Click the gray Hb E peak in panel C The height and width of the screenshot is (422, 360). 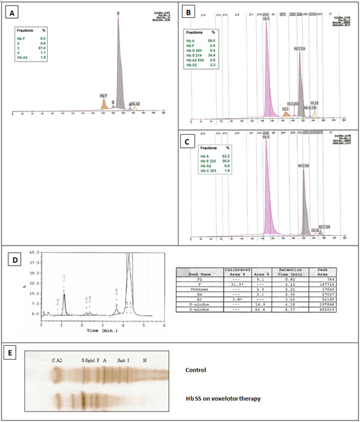click(x=303, y=208)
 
